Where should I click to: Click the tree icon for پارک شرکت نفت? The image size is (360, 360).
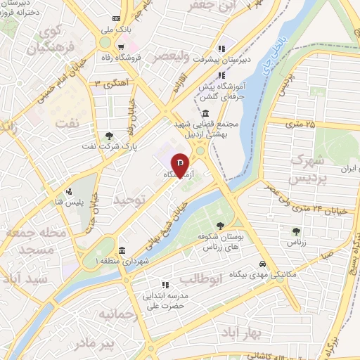point(108,136)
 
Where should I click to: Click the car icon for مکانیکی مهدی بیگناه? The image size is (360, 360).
point(262,263)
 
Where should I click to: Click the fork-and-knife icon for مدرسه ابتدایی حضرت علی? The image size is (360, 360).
point(166,285)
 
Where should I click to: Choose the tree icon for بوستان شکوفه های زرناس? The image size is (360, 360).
point(221,226)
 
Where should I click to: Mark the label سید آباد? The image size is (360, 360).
point(24,278)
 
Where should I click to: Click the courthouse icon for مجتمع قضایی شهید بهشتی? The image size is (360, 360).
point(205,115)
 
